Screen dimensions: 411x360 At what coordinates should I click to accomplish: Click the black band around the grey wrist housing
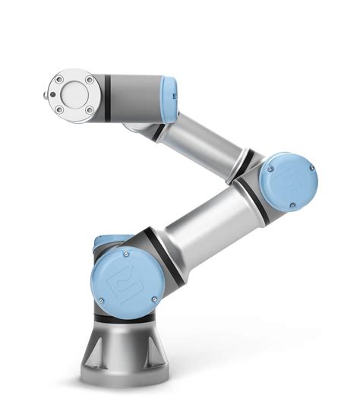[107, 97]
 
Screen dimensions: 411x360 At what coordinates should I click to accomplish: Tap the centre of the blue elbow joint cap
[287, 182]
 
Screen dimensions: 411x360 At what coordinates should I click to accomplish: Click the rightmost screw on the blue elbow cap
[311, 166]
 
